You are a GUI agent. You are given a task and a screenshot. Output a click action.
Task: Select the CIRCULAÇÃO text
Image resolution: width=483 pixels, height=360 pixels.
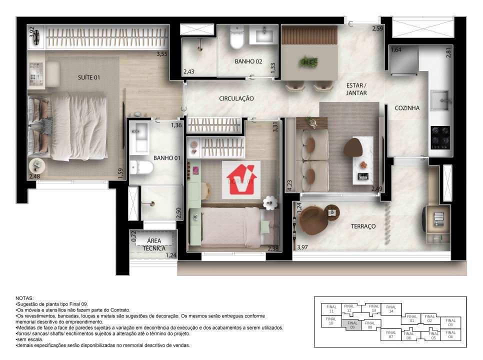pyautogui.click(x=236, y=98)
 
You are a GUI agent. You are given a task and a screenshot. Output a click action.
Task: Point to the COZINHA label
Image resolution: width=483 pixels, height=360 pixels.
pyautogui.click(x=407, y=108)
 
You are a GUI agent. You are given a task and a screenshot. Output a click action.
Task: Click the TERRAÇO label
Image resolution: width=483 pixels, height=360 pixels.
pyautogui.click(x=363, y=226)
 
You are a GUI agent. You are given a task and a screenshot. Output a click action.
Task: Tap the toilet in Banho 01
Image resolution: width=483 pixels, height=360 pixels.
pyautogui.click(x=142, y=166)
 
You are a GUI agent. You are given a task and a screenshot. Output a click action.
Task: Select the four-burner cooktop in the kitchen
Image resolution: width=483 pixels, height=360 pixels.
pyautogui.click(x=440, y=137)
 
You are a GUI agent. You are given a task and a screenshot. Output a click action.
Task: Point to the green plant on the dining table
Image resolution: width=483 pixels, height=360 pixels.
pyautogui.click(x=308, y=62)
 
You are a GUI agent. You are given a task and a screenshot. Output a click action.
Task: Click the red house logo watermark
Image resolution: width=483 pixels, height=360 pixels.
pyautogui.click(x=241, y=180)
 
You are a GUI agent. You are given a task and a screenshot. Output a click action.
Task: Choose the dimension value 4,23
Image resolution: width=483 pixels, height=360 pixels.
pyautogui.click(x=289, y=185)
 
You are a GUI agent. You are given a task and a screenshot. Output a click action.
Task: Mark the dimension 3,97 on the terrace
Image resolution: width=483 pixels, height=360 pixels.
pyautogui.click(x=302, y=247)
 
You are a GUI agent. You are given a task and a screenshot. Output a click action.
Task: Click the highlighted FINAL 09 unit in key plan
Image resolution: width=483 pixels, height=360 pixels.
pyautogui.click(x=352, y=325)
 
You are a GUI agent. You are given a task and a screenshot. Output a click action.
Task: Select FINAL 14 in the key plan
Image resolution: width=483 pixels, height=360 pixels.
pyautogui.click(x=391, y=309)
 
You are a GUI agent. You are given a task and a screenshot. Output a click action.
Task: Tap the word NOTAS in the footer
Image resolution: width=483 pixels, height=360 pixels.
pyautogui.click(x=25, y=297)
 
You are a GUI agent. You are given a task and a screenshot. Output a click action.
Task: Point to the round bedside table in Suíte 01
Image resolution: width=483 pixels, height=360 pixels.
pyautogui.click(x=36, y=165)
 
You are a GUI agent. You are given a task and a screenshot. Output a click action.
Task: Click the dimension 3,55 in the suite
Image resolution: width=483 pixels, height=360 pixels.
pyautogui.click(x=161, y=54)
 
